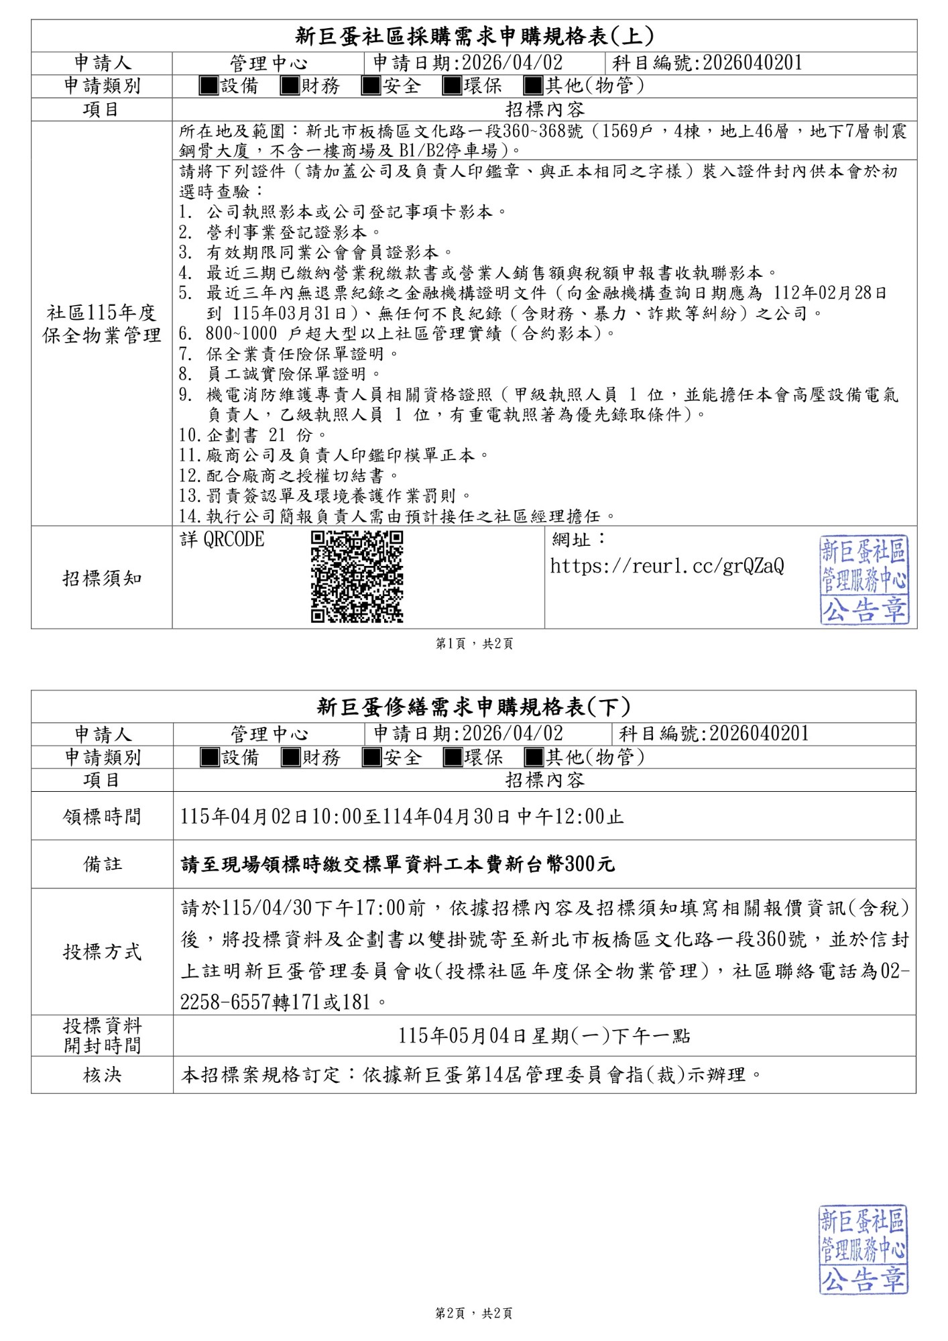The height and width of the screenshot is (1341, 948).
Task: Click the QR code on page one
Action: (x=357, y=577)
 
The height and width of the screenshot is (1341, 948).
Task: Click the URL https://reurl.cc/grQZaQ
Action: (x=666, y=567)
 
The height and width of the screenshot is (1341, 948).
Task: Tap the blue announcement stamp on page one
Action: (x=864, y=580)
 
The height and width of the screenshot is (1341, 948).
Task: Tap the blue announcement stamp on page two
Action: (x=863, y=1250)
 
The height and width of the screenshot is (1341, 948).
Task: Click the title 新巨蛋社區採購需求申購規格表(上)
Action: (x=474, y=36)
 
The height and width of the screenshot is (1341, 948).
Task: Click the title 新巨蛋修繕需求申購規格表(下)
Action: (x=474, y=707)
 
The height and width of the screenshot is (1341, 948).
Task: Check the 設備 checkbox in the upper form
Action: (x=209, y=86)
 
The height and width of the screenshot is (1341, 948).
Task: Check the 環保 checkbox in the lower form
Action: (x=453, y=758)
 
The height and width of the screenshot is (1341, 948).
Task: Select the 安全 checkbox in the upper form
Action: (x=371, y=86)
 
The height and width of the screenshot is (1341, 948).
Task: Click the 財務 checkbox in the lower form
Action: (x=290, y=758)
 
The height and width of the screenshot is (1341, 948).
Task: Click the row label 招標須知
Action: (x=102, y=578)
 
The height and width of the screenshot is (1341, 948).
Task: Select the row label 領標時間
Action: (x=102, y=817)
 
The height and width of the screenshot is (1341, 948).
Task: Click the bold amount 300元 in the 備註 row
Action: (x=589, y=864)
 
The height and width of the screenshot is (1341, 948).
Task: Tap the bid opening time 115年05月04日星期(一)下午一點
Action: (x=544, y=1036)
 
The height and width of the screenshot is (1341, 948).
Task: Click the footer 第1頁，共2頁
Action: (x=474, y=644)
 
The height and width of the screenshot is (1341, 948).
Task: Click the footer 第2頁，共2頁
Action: (x=474, y=1314)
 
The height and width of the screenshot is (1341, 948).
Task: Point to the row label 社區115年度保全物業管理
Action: (x=102, y=324)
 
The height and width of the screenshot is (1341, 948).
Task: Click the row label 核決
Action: (x=102, y=1075)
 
